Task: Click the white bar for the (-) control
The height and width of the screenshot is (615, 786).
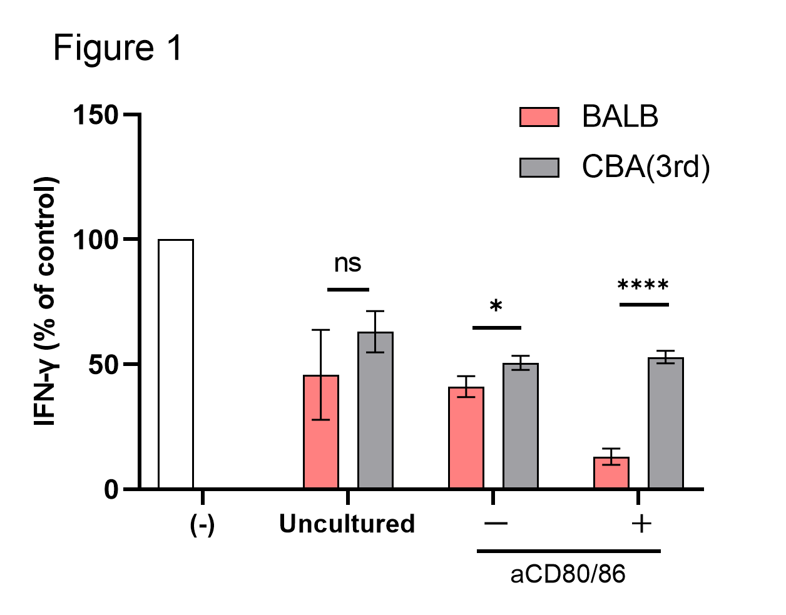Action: pos(176,363)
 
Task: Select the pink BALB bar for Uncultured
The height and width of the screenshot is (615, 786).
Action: pos(321,432)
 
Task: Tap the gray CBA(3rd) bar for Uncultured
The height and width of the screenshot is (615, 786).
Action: pos(375,410)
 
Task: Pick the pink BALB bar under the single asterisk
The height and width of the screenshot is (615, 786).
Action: pos(466,437)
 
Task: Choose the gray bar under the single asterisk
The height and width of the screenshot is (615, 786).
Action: pos(521,425)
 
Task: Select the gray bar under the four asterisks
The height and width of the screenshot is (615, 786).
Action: pos(665,423)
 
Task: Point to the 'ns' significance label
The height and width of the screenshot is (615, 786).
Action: pos(348,263)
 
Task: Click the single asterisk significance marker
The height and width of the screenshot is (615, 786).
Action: pos(496,307)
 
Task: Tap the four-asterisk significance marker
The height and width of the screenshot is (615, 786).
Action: pos(643,287)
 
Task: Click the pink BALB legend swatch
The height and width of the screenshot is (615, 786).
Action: pos(539,117)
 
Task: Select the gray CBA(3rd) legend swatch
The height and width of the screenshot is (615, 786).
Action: pos(539,167)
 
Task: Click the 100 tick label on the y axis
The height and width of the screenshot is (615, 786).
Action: pos(96,240)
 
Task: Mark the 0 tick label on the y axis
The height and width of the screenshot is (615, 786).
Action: pos(111,489)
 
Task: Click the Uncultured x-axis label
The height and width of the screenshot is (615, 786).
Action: pos(347,524)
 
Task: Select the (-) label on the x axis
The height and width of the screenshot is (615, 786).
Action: pos(202,524)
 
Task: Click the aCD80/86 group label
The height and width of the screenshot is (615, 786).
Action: pos(568,574)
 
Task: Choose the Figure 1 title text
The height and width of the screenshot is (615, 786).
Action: pos(118,48)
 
